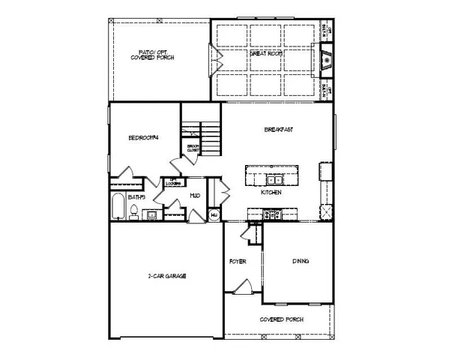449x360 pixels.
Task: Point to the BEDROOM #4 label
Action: (x=142, y=136)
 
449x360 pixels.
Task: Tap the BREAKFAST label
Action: (x=278, y=130)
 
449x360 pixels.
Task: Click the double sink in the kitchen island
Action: (x=271, y=179)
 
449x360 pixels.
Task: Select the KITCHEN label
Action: (x=271, y=193)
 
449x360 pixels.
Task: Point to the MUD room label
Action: (x=194, y=196)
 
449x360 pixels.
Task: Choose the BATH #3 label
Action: (x=136, y=196)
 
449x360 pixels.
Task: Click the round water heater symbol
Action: (x=214, y=214)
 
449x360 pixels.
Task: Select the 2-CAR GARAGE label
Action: (x=166, y=276)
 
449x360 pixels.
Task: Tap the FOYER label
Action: (x=239, y=262)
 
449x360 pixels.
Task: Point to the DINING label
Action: (x=301, y=262)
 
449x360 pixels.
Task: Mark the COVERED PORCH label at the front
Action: (x=278, y=319)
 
